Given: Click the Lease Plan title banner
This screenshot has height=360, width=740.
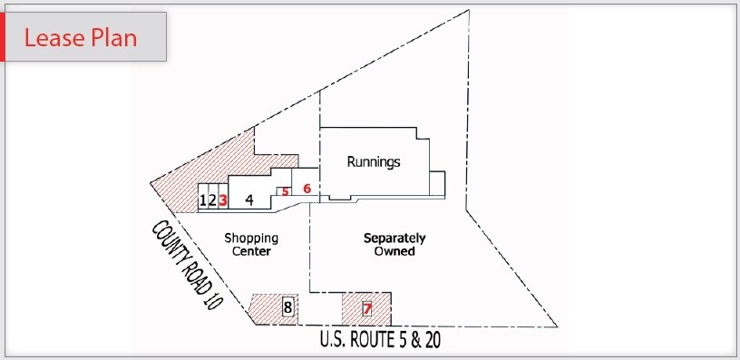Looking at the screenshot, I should (86, 37).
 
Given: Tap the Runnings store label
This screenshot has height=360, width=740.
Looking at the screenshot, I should (374, 162).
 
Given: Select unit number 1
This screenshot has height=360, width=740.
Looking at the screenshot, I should (202, 200).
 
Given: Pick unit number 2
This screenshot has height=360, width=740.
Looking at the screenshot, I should (212, 200).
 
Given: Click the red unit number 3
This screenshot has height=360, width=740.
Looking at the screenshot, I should (222, 200).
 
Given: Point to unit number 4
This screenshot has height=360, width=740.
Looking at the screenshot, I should (248, 200).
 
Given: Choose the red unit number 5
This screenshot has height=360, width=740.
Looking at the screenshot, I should (285, 191).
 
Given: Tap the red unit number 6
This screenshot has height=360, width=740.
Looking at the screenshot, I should (307, 189).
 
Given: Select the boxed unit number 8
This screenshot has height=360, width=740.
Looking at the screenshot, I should (287, 307).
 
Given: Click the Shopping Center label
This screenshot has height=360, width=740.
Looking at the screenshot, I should (251, 245).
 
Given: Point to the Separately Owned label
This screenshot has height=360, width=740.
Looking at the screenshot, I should (394, 245).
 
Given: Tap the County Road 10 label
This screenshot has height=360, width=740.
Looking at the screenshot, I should (187, 266).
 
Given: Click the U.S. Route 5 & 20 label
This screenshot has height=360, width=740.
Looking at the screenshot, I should (380, 341).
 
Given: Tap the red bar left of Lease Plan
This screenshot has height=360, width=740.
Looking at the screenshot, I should (3, 37).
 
